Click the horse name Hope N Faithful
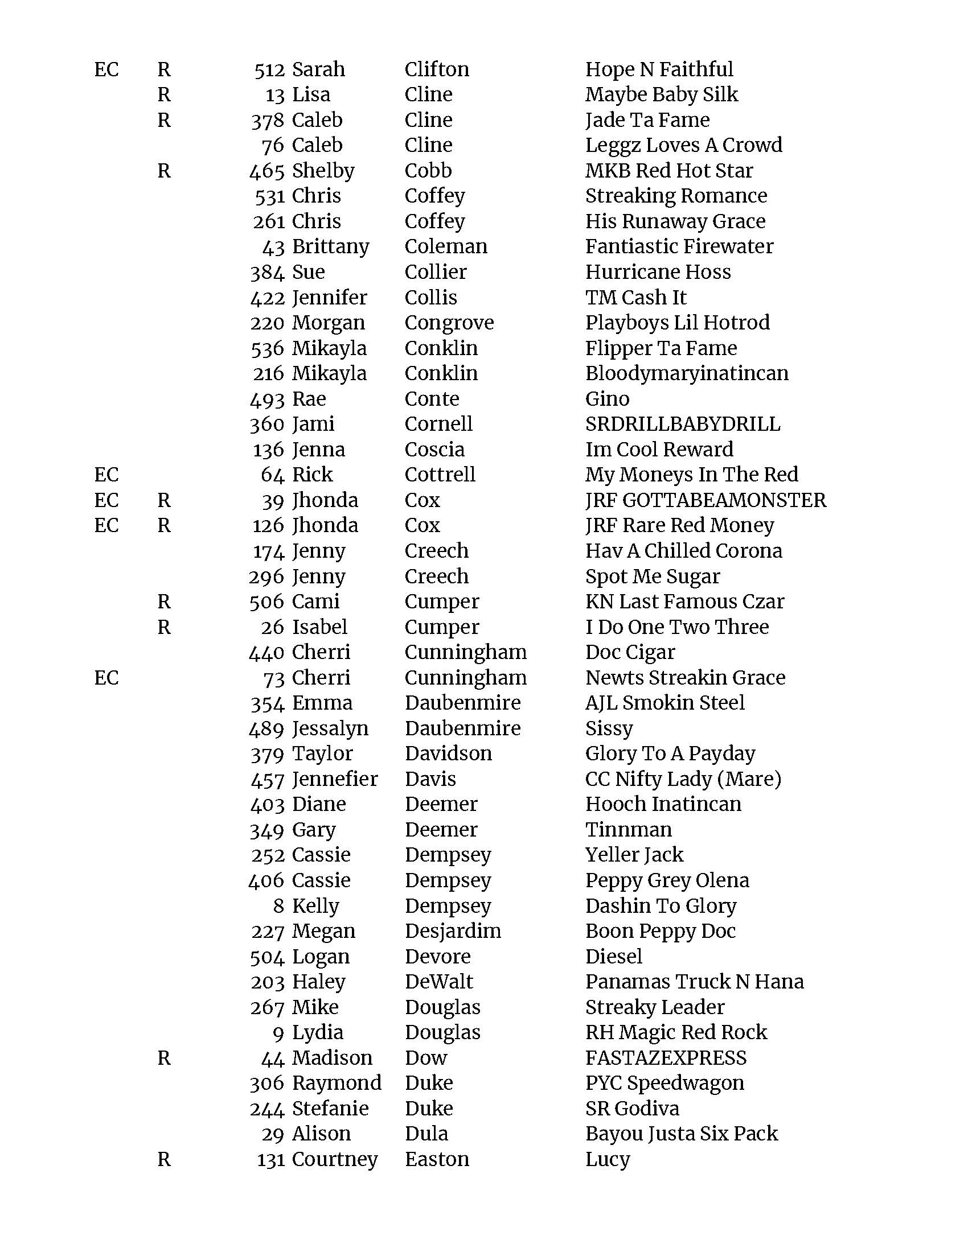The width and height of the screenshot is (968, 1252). point(659,69)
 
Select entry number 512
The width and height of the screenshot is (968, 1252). point(269,70)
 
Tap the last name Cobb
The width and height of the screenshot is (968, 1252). point(428,171)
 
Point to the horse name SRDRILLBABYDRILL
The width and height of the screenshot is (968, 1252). point(682,424)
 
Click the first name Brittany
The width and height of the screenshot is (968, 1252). point(330,247)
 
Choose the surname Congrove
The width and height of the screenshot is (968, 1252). point(449,323)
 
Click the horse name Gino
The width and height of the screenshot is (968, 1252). point(608,399)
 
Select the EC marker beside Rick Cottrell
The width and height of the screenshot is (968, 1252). point(106,475)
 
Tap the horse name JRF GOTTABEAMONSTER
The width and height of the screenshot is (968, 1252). point(706,500)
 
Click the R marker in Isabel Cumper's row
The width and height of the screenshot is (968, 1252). point(164,627)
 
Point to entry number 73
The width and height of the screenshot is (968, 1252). point(274,678)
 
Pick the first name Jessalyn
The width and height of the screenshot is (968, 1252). point(330,728)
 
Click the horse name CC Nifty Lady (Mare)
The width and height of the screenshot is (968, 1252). point(683,779)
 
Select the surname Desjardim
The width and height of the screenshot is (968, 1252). point(453,931)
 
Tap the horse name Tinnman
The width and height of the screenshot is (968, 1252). point(629,830)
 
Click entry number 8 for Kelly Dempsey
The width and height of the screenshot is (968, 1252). point(278,906)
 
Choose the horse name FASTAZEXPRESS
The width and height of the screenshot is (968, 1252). point(666,1058)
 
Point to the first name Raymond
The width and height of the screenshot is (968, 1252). point(337,1083)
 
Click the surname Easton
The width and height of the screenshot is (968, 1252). point(436,1159)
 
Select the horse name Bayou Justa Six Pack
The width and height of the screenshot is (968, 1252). point(681,1133)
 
